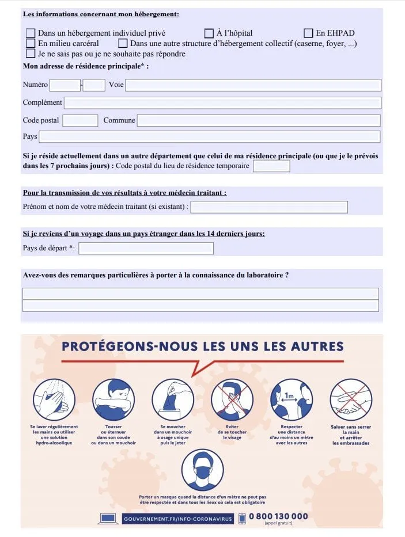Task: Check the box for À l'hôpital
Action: [209, 33]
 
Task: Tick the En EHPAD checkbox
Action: [308, 33]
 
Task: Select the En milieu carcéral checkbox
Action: [31, 43]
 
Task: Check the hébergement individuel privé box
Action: [31, 33]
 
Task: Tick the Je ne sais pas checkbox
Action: [31, 54]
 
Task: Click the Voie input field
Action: [253, 85]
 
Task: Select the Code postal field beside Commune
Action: [80, 121]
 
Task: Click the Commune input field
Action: [259, 121]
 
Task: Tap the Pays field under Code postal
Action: [209, 137]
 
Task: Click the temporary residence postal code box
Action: [271, 166]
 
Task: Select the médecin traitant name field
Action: [269, 207]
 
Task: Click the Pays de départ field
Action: [146, 249]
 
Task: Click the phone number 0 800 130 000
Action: [278, 516]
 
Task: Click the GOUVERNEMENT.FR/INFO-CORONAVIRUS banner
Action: [177, 519]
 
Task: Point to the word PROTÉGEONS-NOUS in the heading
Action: [129, 347]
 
